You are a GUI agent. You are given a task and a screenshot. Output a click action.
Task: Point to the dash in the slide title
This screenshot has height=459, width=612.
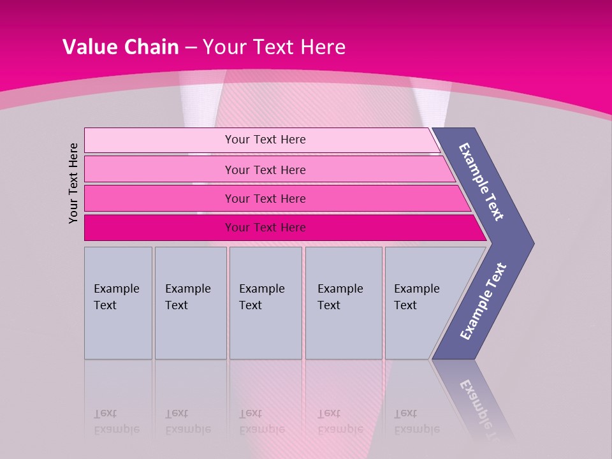[x=191, y=48]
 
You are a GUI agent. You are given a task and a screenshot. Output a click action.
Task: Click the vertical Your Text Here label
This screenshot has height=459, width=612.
[x=74, y=183]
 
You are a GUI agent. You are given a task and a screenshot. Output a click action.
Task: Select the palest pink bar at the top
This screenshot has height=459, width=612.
[x=265, y=140]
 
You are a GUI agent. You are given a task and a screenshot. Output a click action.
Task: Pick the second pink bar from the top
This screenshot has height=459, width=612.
[x=265, y=170]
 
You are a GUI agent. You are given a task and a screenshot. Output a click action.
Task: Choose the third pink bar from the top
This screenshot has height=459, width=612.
[x=265, y=198]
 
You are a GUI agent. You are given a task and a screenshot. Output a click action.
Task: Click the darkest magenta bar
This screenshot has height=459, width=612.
[x=265, y=228]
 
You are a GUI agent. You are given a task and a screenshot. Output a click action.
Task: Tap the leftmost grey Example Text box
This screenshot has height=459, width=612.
[x=118, y=303]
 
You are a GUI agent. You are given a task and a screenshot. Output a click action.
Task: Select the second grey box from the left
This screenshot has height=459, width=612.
[x=190, y=303]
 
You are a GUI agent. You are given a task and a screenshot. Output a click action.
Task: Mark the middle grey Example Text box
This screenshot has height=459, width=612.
[x=265, y=303]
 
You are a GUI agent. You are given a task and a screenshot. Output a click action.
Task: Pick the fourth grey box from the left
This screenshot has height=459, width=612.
[x=343, y=303]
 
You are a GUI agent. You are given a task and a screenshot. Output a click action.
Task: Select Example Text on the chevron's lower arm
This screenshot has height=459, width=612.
[x=483, y=302]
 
